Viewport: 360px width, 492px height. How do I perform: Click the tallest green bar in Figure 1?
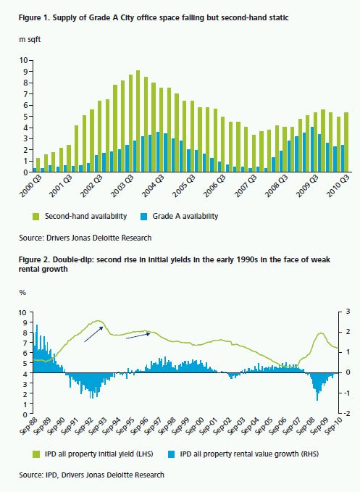pos(138,121)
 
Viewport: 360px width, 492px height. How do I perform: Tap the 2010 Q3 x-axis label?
pos(339,185)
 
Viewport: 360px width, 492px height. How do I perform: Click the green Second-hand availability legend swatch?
pos(36,217)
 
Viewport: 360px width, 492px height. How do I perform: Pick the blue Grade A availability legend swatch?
pos(144,217)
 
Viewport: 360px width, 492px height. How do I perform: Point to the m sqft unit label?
pos(30,40)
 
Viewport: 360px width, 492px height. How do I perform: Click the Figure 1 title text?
pos(154,17)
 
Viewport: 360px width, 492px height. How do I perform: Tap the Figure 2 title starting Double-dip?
pos(175,264)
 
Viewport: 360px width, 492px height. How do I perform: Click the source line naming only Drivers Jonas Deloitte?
pos(85,238)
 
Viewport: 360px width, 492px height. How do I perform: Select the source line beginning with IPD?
pos(91,475)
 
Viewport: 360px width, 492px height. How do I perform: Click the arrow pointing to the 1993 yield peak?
pos(93,334)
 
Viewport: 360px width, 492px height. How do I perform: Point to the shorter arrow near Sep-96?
pos(138,336)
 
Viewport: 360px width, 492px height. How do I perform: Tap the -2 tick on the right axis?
pos(347,413)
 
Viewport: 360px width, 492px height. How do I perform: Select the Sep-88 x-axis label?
pos(28,426)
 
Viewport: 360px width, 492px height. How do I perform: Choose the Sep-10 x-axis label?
pos(335,426)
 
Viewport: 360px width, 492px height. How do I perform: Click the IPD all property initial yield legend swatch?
pos(36,454)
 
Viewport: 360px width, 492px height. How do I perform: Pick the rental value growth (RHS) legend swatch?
pos(171,454)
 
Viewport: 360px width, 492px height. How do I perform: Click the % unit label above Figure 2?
pos(22,293)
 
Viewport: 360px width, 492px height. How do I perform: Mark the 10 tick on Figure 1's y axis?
pos(23,60)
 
